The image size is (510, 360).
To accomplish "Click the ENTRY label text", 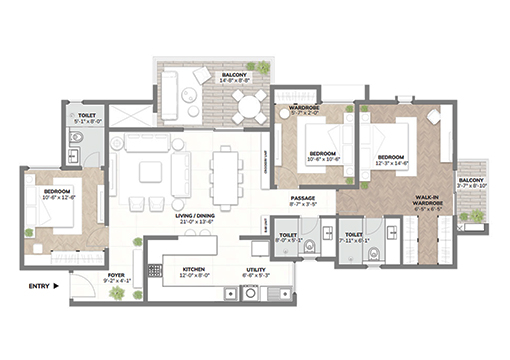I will (x=38, y=287).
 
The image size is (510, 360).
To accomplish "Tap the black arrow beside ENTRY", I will (x=57, y=287).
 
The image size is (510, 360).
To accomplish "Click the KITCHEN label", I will (x=192, y=268).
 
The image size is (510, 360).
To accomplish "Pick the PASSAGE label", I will (x=303, y=198).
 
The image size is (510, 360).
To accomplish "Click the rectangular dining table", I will (x=227, y=178).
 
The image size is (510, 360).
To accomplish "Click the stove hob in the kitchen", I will (x=155, y=270).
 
